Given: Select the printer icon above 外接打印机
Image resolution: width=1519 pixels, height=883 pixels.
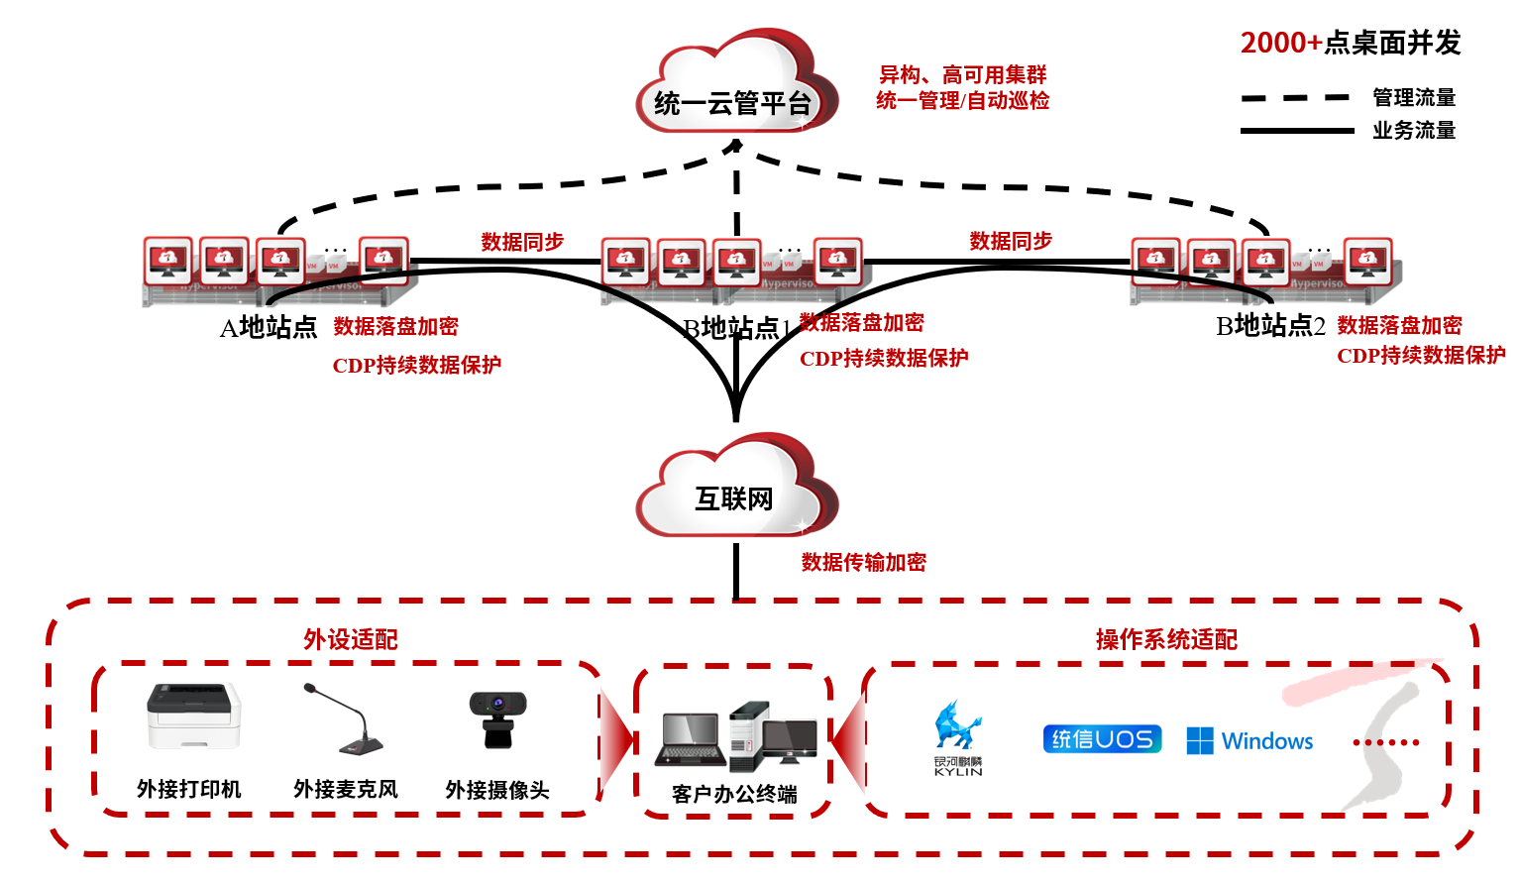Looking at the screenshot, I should click(x=193, y=716).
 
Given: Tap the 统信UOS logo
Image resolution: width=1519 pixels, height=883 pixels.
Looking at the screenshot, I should click(x=1102, y=739).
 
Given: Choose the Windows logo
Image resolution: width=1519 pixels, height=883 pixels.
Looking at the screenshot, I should click(x=1249, y=741).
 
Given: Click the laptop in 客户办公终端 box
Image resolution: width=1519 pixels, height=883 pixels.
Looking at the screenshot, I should click(x=691, y=739).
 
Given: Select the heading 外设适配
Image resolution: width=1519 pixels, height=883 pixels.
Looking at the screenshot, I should click(x=351, y=639).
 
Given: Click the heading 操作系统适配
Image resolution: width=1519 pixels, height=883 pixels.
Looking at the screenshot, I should click(x=1166, y=639).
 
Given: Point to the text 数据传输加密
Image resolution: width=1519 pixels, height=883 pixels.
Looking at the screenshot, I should click(x=863, y=562).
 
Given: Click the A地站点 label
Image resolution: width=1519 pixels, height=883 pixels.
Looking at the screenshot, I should click(x=269, y=327).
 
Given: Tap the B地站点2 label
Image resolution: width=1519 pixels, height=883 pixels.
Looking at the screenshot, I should click(x=1270, y=325).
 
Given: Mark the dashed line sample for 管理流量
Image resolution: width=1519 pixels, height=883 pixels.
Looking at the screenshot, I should click(x=1296, y=98).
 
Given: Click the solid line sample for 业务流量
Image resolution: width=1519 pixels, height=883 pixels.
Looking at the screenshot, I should click(x=1296, y=131).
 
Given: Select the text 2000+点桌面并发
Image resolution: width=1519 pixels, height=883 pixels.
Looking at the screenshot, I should click(x=1351, y=43).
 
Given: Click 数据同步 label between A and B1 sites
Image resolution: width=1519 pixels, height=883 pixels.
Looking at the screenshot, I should click(x=522, y=242).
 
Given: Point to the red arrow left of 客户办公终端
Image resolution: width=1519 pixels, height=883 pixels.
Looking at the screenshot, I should click(x=617, y=739).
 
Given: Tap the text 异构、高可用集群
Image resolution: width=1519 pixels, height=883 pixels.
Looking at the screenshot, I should click(x=962, y=74).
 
